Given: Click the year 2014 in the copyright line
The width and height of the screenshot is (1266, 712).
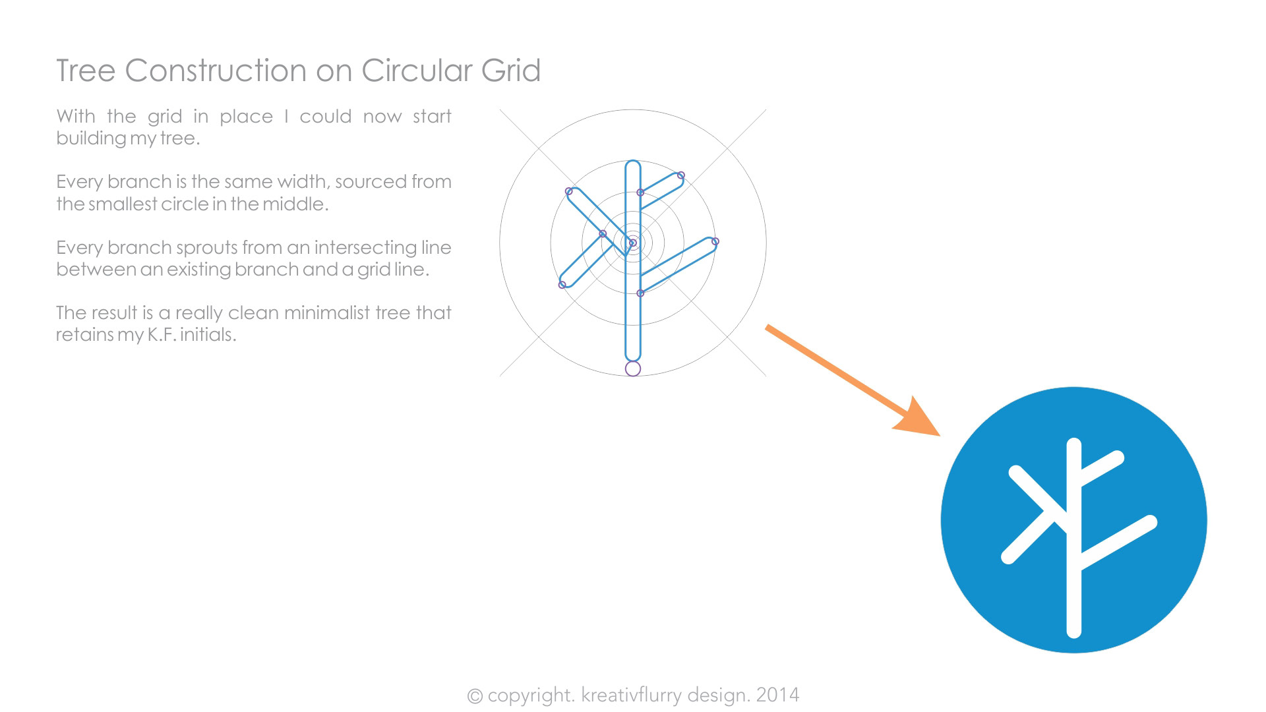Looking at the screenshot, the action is pyautogui.click(x=777, y=695).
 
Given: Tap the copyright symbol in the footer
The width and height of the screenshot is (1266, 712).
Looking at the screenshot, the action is pyautogui.click(x=475, y=696).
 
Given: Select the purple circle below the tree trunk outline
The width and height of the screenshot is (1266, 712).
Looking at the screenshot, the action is pyautogui.click(x=633, y=369).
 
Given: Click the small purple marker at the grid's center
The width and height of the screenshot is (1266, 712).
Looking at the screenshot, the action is pyautogui.click(x=633, y=243).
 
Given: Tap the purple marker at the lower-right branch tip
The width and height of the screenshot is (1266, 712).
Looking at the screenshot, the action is pyautogui.click(x=715, y=242).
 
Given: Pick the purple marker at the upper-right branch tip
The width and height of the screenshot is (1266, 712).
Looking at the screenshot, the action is pyautogui.click(x=681, y=175).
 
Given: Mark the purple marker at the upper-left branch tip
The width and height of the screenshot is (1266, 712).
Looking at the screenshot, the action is pyautogui.click(x=569, y=191).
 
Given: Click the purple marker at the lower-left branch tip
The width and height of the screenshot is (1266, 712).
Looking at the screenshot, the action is pyautogui.click(x=562, y=285).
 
